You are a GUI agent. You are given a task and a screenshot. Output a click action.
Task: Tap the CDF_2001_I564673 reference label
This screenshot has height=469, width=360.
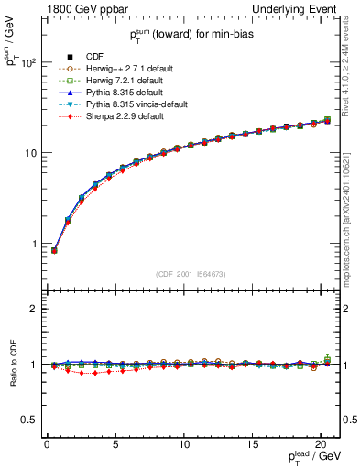click(x=191, y=274)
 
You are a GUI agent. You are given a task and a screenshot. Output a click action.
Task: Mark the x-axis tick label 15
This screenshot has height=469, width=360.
click(x=253, y=444)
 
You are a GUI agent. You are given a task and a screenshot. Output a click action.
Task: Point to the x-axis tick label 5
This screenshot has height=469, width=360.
click(x=115, y=444)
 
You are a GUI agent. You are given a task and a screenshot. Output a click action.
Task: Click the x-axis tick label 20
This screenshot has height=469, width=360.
click(x=322, y=444)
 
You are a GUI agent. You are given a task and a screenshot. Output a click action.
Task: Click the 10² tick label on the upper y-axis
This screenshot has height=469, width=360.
click(x=28, y=63)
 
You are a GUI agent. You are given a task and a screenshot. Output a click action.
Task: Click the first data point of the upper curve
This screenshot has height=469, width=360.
click(x=54, y=250)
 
